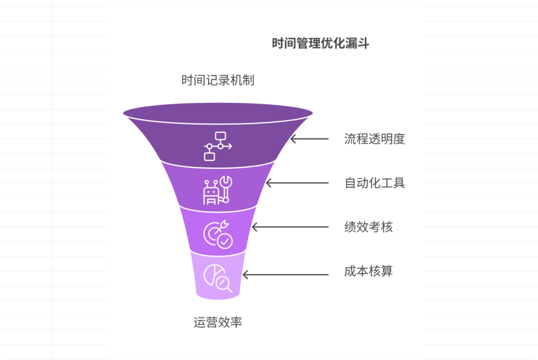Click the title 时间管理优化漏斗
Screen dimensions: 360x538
320,44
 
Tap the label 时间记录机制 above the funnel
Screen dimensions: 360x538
218,80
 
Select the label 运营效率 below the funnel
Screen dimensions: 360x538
218,322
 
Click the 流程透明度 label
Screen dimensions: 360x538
375,139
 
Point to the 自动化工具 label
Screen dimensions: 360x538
375,183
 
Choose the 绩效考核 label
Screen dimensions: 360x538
368,228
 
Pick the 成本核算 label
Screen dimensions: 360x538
368,272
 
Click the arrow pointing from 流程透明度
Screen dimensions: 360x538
310,139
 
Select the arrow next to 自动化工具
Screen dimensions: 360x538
297,183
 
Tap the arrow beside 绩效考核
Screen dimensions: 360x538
291,228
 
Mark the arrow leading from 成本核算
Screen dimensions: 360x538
286,275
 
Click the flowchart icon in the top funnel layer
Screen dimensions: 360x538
218,146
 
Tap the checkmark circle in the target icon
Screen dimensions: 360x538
225,241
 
